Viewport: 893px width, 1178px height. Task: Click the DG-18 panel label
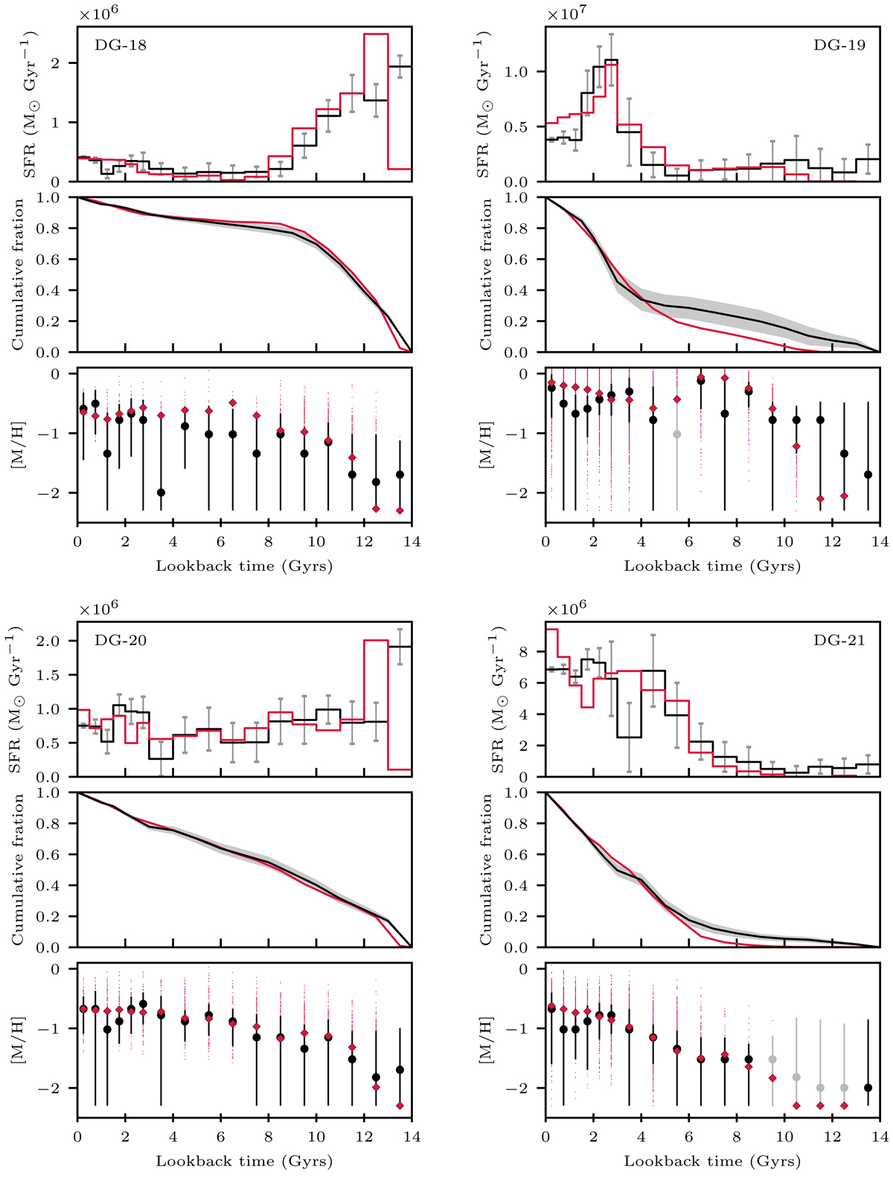121,45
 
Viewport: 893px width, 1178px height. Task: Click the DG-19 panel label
839,45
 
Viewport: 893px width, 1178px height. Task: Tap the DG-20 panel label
121,640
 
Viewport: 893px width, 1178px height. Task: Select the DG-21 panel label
839,640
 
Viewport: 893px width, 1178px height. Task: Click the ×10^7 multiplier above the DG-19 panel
567,14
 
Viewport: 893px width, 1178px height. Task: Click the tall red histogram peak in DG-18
376,34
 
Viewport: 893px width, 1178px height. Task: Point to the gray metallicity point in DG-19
676,434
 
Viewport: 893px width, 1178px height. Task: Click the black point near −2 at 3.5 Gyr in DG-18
161,493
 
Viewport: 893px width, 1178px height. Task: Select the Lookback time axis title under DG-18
244,566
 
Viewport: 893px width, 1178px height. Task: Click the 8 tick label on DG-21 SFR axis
533,652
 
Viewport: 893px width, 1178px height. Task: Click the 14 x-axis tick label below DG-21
880,1137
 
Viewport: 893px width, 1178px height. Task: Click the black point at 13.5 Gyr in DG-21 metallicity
868,1087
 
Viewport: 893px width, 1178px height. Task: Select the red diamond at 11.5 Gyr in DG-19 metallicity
820,499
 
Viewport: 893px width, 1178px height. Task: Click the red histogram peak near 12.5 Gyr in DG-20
376,641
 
